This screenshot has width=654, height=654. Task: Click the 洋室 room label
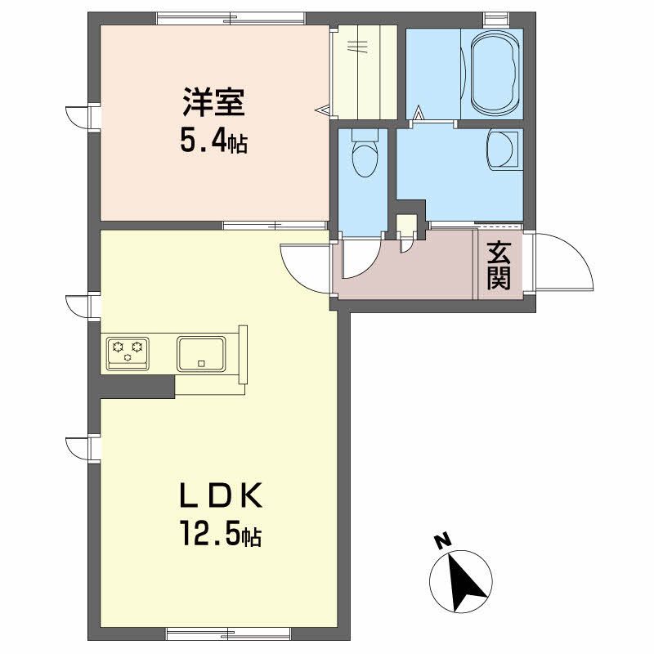click(x=213, y=102)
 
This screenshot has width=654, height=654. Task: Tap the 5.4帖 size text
click(x=213, y=141)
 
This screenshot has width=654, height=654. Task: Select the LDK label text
click(x=221, y=495)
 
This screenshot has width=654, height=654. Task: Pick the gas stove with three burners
click(x=128, y=353)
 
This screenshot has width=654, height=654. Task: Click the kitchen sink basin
click(x=201, y=354)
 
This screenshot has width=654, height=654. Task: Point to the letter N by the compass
click(x=443, y=540)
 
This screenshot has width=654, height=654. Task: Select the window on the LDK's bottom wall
click(x=229, y=634)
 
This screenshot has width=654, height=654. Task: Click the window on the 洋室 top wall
click(x=231, y=19)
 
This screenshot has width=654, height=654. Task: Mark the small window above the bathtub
click(x=496, y=19)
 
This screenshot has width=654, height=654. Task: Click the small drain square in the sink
click(x=201, y=363)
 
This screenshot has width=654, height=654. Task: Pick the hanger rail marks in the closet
click(x=358, y=47)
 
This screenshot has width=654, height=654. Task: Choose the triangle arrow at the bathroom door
click(x=419, y=113)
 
